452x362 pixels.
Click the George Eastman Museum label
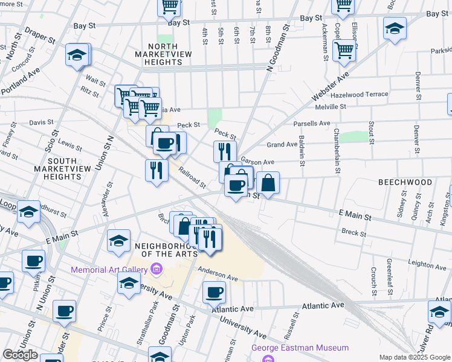point(300,348)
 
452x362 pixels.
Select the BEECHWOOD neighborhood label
point(405,182)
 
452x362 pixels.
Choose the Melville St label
point(331,107)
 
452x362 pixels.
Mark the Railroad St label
point(192,177)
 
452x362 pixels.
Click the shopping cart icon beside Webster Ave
point(344,51)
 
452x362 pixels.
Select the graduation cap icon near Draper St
point(77,55)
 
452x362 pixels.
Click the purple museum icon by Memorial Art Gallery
point(157,268)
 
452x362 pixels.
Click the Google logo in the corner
point(20,355)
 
